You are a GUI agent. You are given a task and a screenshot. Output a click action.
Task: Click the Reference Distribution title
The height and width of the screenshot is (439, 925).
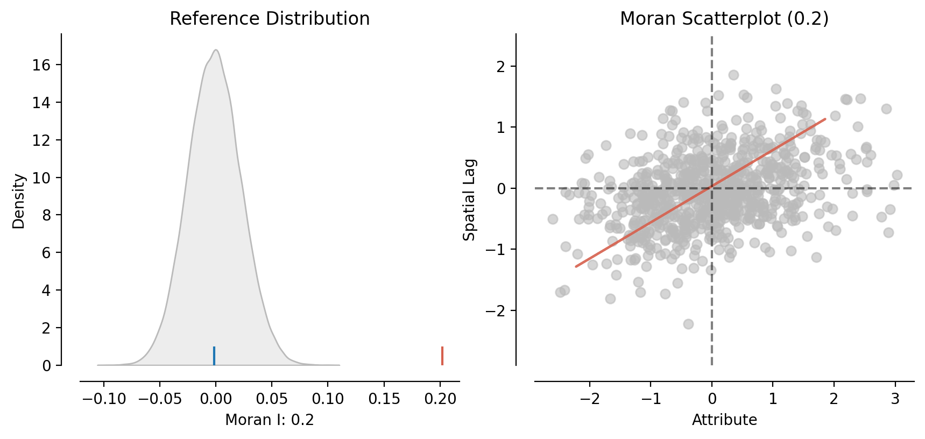[270, 19]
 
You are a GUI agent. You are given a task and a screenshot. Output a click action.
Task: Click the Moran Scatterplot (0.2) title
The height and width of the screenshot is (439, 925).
[724, 19]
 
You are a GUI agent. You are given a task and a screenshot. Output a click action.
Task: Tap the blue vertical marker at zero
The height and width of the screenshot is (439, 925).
[214, 356]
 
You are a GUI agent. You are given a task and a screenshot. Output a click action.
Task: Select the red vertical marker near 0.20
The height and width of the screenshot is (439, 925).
[442, 356]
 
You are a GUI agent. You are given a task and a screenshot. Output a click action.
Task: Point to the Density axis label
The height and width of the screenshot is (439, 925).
[19, 201]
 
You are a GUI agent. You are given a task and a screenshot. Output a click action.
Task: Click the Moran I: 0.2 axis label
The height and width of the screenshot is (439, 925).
[270, 420]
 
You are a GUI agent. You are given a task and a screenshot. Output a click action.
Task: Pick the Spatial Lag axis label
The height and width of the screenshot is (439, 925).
[470, 200]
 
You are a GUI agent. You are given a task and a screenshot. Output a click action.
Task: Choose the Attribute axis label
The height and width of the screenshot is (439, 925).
[724, 420]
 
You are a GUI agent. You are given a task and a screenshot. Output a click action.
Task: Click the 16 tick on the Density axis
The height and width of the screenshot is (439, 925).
[41, 65]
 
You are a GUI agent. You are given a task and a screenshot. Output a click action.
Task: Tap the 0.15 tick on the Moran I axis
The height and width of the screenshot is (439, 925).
[384, 399]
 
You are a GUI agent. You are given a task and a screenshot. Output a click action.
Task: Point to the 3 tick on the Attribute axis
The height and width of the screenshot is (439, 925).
[895, 399]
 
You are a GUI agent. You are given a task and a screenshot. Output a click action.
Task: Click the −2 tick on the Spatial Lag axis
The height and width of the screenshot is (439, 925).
[496, 311]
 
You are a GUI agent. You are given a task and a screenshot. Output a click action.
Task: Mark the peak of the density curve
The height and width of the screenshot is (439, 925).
[215, 50]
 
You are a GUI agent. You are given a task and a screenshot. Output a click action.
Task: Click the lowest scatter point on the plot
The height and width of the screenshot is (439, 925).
[688, 324]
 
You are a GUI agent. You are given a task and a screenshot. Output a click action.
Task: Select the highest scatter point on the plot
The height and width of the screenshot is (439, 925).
[733, 75]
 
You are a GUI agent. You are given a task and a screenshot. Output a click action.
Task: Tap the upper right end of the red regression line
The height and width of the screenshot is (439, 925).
[825, 119]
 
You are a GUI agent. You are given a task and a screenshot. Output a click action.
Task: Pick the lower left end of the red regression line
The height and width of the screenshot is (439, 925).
[576, 266]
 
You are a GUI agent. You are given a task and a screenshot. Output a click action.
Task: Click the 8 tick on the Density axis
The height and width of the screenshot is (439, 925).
[46, 215]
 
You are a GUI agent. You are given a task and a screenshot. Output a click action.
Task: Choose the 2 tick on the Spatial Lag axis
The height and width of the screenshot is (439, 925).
[500, 67]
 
